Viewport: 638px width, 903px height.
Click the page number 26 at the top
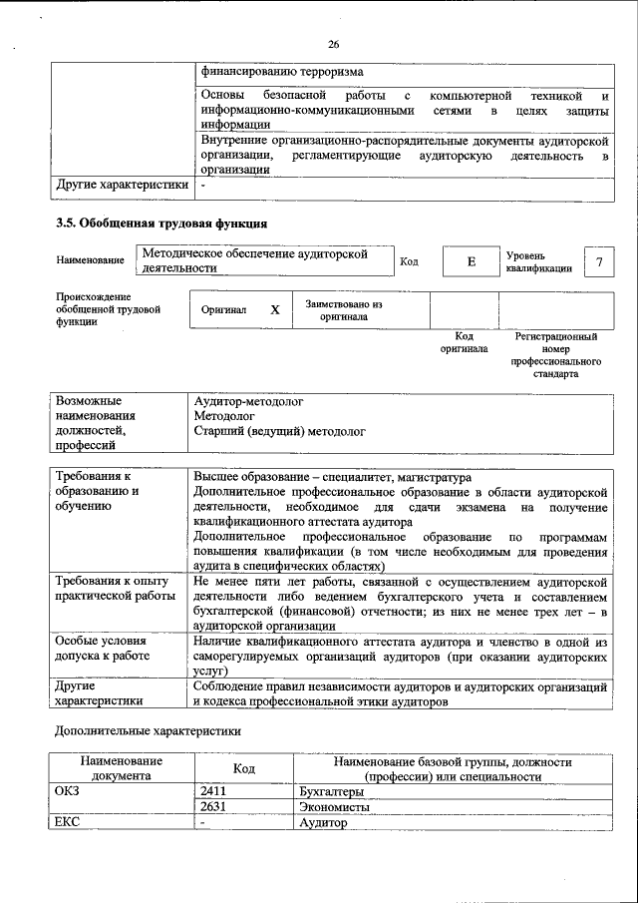333,44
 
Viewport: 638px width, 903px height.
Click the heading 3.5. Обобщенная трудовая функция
160,223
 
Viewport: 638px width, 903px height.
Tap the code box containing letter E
471,261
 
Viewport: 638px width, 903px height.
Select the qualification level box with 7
599,261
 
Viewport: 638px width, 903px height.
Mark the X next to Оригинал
275,310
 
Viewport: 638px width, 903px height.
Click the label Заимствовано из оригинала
344,310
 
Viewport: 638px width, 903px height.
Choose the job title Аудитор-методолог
248,401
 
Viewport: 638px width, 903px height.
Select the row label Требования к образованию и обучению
97,492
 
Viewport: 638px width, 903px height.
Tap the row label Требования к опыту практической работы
112,588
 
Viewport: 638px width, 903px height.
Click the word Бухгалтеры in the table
331,791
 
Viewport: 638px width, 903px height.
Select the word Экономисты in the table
334,807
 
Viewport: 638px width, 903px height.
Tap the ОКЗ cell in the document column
67,791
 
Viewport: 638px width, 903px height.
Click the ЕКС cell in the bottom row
66,823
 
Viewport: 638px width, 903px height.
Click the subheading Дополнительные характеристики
148,730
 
